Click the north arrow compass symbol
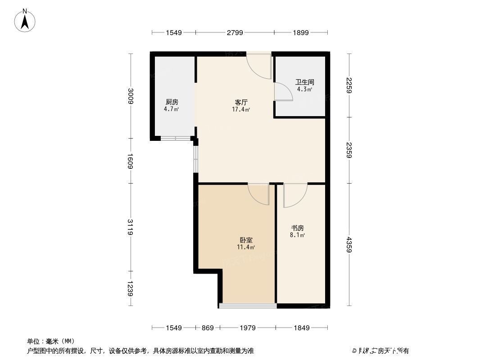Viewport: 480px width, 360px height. point(26,20)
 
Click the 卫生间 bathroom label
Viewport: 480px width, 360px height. point(304,82)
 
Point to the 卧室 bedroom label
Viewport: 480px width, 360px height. point(246,240)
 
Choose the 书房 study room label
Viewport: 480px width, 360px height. point(298,228)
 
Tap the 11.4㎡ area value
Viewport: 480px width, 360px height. point(246,247)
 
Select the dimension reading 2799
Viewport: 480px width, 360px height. point(235,32)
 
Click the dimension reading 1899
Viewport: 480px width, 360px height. point(300,32)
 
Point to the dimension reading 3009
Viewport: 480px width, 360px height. point(130,96)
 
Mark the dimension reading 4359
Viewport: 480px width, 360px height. point(349,244)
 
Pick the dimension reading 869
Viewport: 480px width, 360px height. point(208,328)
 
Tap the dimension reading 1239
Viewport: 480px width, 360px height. point(130,288)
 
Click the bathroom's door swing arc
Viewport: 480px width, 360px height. point(283,92)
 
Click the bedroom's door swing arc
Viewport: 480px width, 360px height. point(258,194)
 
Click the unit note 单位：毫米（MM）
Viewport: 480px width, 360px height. point(50,341)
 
